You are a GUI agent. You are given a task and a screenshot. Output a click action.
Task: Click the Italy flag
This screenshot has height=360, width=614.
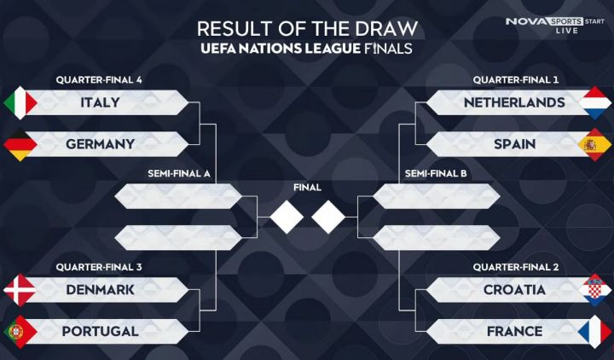click(x=20, y=102)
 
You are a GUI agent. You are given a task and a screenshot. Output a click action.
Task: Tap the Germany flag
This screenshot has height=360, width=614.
click(x=20, y=144)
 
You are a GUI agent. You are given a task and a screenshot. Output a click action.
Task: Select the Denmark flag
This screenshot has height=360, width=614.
click(x=20, y=290)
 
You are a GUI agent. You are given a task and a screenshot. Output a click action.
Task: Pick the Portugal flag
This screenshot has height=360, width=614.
click(x=20, y=331)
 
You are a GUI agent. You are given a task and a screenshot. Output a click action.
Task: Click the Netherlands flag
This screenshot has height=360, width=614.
click(x=594, y=102)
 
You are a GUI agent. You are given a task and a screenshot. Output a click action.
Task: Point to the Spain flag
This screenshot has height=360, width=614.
click(x=594, y=144)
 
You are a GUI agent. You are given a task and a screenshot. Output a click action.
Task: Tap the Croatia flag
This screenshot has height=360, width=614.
click(x=594, y=290)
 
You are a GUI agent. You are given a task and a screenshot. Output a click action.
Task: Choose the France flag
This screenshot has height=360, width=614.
click(x=594, y=331)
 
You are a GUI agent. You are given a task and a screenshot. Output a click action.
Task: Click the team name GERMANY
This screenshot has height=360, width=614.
click(x=101, y=144)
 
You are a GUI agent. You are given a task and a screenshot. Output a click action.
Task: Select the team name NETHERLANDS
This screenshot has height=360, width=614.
click(x=514, y=102)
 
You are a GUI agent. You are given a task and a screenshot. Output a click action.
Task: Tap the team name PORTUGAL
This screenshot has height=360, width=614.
click(x=101, y=331)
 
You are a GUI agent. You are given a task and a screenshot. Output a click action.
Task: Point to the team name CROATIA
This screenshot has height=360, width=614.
click(x=514, y=290)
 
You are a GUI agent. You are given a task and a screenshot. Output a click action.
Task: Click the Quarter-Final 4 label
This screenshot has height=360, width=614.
click(x=99, y=80)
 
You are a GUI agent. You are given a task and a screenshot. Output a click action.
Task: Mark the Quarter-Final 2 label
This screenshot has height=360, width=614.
click(x=516, y=267)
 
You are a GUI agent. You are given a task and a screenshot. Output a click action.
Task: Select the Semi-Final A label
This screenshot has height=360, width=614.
click(x=179, y=173)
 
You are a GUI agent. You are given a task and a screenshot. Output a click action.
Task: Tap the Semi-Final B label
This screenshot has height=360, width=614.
click(x=436, y=173)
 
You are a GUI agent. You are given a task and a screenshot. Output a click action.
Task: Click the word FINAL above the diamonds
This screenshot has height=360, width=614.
click(x=307, y=188)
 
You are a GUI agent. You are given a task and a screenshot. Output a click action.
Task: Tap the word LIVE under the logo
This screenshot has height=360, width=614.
click(x=567, y=31)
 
